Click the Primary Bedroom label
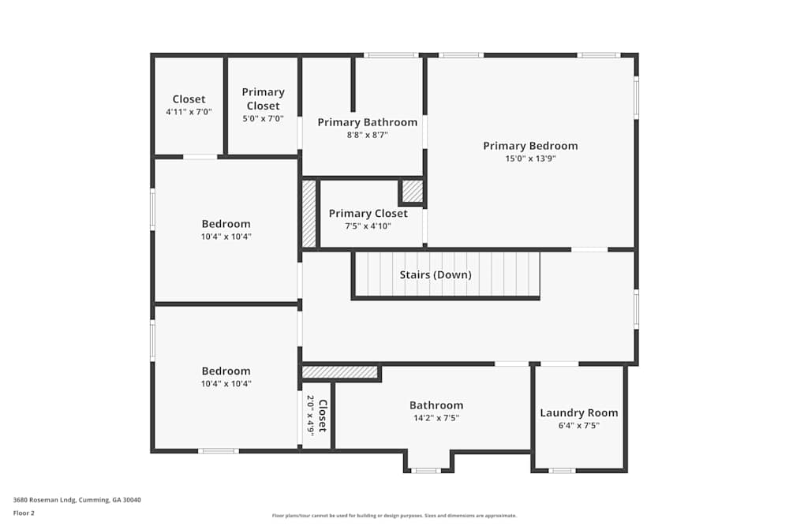(530, 146)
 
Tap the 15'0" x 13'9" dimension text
(530, 159)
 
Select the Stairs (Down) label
(436, 274)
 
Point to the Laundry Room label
(579, 412)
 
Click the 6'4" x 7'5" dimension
(579, 426)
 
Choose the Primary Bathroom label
(368, 122)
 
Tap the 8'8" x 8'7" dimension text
(368, 135)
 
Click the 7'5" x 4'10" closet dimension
(368, 226)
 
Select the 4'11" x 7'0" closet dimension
(189, 112)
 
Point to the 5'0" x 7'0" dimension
(263, 118)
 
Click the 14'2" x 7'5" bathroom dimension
(436, 418)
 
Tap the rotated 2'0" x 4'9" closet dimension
(311, 415)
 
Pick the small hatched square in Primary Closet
(413, 192)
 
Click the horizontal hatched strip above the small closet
(340, 371)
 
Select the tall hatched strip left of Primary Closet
(309, 214)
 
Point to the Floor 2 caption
(24, 513)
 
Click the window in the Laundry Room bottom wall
(562, 471)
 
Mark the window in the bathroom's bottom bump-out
(426, 471)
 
